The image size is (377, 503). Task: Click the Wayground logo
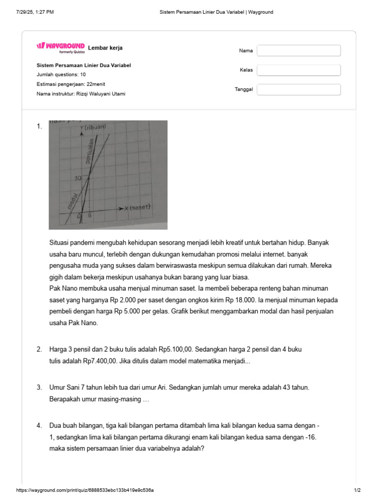click(x=60, y=47)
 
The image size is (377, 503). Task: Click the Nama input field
click(x=298, y=51)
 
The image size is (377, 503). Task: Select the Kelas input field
click(x=298, y=70)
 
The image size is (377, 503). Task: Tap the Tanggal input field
click(x=298, y=89)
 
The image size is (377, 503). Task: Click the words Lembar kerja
click(x=105, y=48)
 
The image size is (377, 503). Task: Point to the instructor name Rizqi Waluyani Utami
click(x=101, y=94)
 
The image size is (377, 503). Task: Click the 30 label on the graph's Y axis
click(x=78, y=179)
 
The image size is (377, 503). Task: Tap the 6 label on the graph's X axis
click(x=90, y=215)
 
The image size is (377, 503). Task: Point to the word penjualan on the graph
click(x=89, y=151)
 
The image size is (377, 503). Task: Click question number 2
click(x=39, y=349)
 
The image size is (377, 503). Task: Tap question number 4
click(x=39, y=425)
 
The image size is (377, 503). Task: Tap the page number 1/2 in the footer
click(x=357, y=490)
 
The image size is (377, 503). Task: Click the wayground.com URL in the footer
click(x=88, y=490)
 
